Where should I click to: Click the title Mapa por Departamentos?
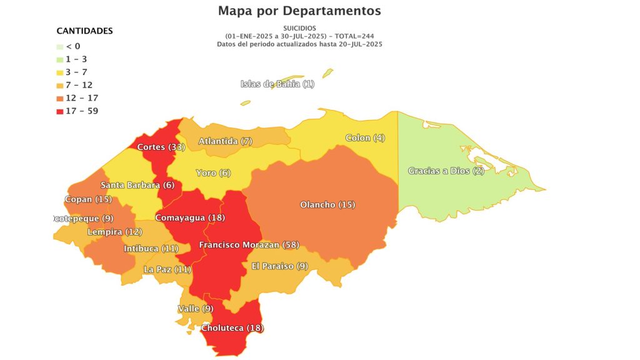[x=299, y=11]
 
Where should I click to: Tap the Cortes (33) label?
[x=160, y=147]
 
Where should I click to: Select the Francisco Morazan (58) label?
[x=248, y=244]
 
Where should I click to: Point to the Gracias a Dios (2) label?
[x=446, y=171]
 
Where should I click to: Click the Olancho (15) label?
[x=327, y=204]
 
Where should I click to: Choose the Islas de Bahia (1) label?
[x=277, y=84]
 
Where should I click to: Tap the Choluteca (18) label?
[x=232, y=328]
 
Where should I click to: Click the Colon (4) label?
[x=365, y=137]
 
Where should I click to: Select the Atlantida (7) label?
[x=225, y=141]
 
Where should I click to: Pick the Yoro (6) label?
[x=213, y=172]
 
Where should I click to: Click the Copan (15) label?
[x=87, y=199]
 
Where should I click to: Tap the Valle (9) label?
[x=196, y=309]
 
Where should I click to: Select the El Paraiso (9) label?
[x=280, y=266]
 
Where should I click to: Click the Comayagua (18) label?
[x=190, y=218]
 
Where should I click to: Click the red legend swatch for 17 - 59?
[x=60, y=111]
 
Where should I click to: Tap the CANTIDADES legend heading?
[x=84, y=31]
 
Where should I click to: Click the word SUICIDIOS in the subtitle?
[x=299, y=28]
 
